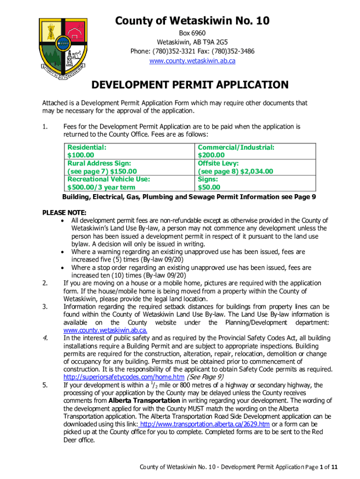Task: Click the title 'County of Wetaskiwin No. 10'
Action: pyautogui.click(x=192, y=21)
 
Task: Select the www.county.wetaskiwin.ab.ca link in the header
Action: pyautogui.click(x=192, y=61)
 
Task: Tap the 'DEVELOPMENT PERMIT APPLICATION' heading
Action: pyautogui.click(x=189, y=85)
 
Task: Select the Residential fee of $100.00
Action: pyautogui.click(x=81, y=155)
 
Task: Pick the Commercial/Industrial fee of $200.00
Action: pyautogui.click(x=211, y=155)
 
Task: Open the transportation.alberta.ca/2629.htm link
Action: pyautogui.click(x=205, y=424)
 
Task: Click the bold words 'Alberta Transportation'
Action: pyautogui.click(x=144, y=400)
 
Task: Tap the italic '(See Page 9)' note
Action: pyautogui.click(x=205, y=377)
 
